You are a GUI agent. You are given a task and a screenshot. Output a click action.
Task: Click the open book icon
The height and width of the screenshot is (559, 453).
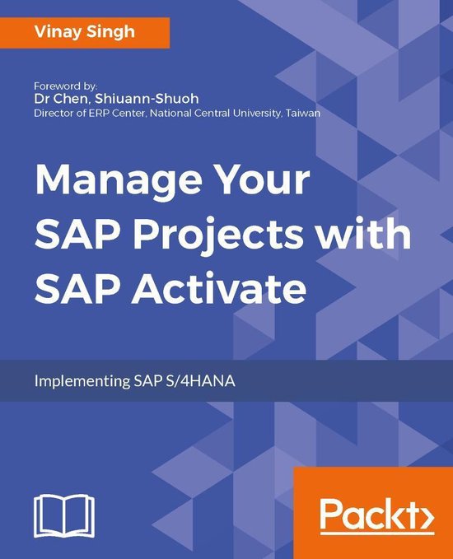[x=63, y=516]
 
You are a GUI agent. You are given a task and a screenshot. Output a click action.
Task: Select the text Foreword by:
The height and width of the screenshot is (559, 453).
[x=66, y=85]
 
